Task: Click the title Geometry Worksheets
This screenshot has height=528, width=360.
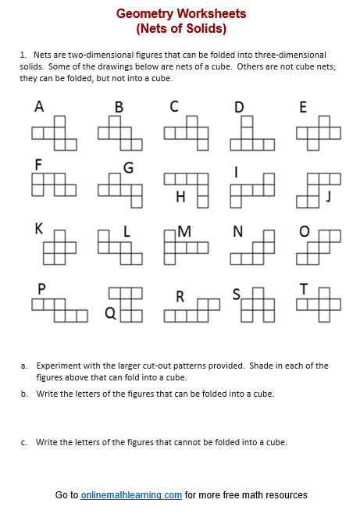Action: pos(180,14)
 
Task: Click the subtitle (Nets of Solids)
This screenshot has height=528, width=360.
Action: pos(180,29)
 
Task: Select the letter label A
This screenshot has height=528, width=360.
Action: pos(39,107)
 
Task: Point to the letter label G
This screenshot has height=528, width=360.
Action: pos(128,167)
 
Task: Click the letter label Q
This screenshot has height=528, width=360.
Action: pos(110,314)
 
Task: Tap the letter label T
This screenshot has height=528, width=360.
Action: pos(304,290)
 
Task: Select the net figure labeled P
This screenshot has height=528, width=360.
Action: pos(59,309)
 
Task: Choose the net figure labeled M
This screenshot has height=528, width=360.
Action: pos(186,247)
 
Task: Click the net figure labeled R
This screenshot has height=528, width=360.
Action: pos(191,310)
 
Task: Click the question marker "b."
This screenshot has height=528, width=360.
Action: pos(25,394)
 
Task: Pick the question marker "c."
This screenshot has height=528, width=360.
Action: pos(25,443)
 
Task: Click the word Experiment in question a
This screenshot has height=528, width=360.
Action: pos(59,366)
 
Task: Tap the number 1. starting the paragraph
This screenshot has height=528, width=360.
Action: pos(24,55)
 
